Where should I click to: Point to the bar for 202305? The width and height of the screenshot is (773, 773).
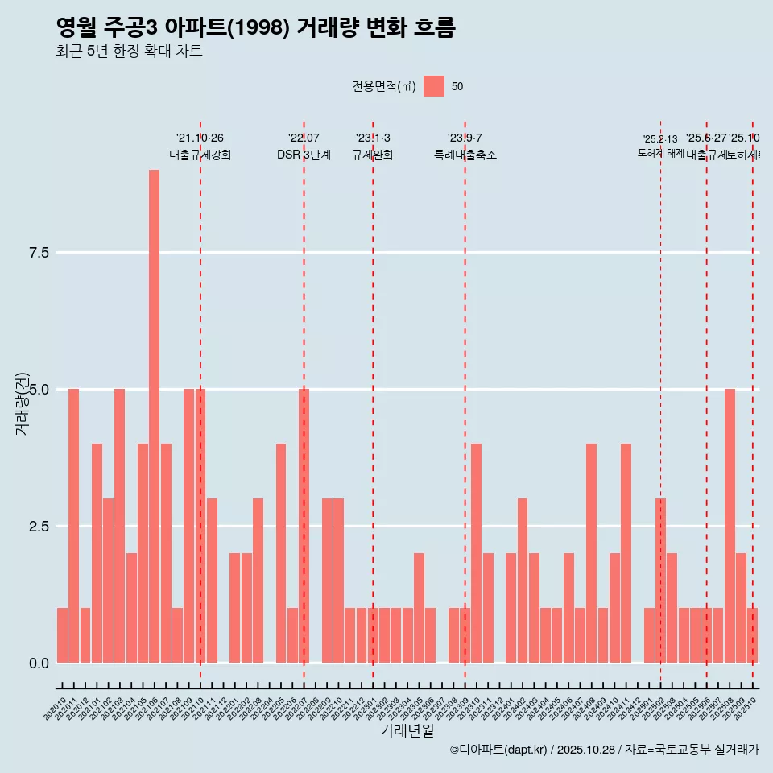tap(419, 608)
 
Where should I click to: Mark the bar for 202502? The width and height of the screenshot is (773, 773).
tap(660, 581)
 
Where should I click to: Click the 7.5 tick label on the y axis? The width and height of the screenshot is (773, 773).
tap(39, 253)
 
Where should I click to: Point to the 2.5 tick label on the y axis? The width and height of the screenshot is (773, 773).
tap(39, 527)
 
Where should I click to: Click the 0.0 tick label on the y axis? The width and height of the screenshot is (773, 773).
tap(39, 663)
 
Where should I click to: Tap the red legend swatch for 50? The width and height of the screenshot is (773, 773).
tap(434, 86)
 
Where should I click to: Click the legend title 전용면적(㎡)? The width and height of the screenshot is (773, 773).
tap(383, 86)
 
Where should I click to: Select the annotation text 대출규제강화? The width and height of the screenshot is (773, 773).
tap(200, 155)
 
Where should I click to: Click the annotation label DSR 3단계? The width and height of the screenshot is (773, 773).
tap(304, 155)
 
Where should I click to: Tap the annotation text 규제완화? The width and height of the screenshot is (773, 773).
tap(373, 155)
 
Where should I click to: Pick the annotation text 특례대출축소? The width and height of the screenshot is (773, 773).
tap(465, 155)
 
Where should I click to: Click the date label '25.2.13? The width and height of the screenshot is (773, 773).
tap(660, 139)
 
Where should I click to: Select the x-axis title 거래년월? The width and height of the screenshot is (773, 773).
tap(407, 731)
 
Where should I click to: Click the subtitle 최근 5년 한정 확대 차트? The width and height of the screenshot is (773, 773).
tap(129, 52)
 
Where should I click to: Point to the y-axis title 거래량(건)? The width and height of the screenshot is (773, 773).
tap(22, 403)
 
